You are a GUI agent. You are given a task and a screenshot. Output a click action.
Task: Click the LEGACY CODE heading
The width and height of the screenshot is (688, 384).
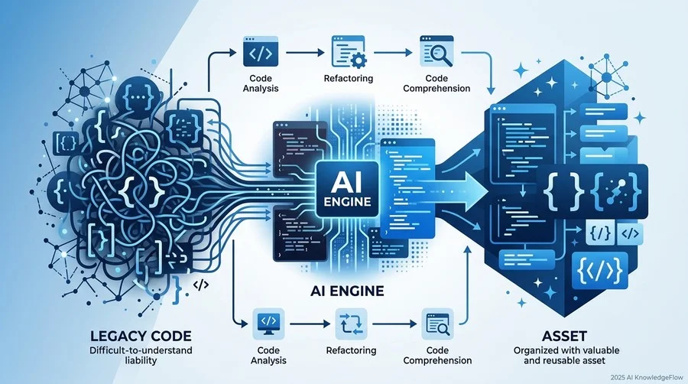pos(141,336)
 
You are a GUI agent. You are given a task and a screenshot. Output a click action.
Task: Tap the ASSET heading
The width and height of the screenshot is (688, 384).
pos(564,336)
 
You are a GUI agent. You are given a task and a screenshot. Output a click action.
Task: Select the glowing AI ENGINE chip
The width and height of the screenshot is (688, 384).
pos(347,189)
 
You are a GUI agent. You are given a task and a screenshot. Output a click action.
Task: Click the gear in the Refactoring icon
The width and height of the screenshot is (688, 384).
pos(359,60)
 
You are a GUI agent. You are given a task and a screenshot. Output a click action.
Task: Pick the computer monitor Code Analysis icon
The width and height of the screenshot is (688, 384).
pos(268,324)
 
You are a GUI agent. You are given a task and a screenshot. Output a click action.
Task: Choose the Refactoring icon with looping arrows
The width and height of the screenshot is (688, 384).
pos(351,324)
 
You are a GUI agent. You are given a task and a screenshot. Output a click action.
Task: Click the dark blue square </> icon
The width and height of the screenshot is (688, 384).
pos(261,52)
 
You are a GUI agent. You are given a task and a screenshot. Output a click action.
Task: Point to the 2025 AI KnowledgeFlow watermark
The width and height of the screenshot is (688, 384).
pos(647,377)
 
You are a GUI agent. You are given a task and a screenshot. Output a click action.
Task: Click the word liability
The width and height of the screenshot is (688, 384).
pos(141,361)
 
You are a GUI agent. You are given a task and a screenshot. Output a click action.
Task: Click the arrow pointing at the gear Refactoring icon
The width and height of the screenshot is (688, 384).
pos(305,53)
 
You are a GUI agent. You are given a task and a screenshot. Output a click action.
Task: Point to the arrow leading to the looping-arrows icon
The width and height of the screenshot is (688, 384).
pos(310,324)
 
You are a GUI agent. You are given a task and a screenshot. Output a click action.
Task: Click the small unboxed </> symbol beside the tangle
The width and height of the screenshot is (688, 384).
pos(200,285)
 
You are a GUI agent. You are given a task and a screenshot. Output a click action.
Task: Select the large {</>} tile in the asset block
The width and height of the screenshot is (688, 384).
pos(600,271)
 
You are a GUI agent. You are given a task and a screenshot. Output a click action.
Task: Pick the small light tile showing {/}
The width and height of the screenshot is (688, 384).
pos(599,233)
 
